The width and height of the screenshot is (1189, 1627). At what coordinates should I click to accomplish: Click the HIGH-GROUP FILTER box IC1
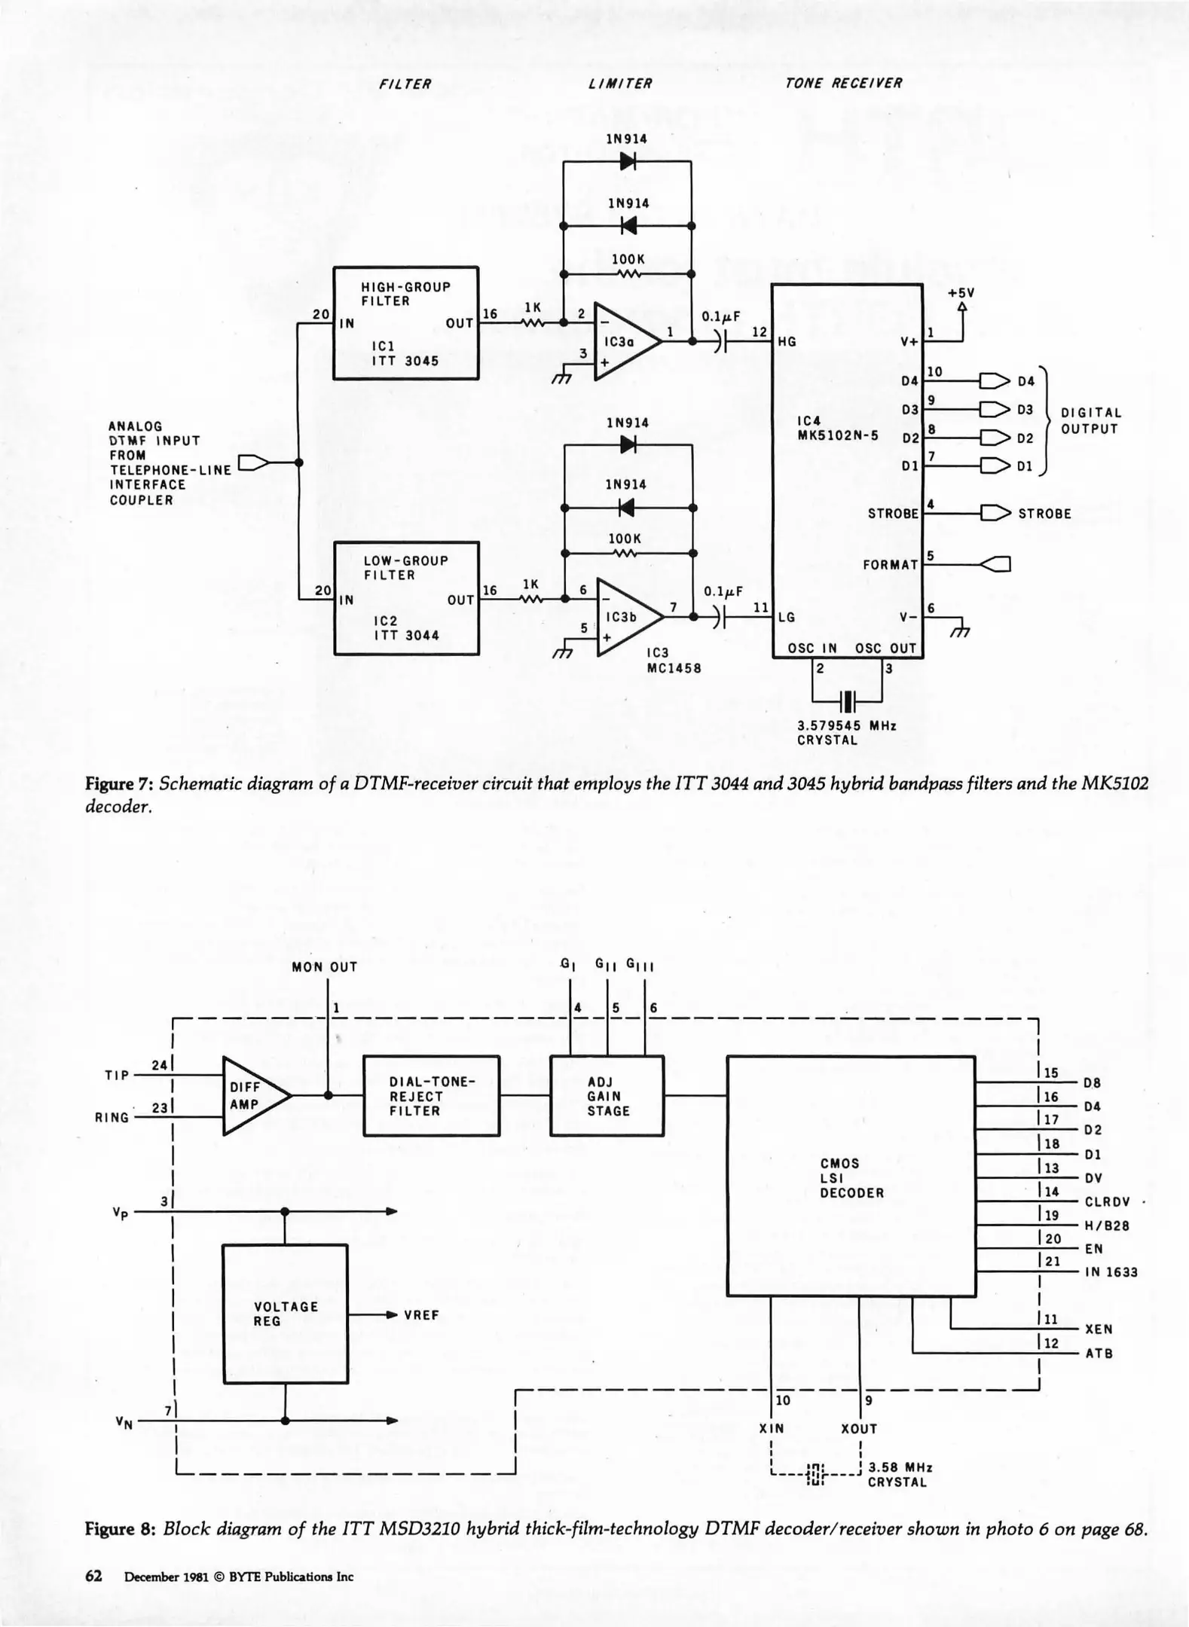(405, 323)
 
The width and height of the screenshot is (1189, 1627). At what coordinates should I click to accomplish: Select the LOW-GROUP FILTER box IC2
(406, 598)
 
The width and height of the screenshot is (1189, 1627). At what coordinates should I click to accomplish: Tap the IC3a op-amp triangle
(625, 341)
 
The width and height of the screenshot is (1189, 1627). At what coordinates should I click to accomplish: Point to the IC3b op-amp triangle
(627, 617)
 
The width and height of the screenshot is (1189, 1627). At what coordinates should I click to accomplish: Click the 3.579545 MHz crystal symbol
(848, 701)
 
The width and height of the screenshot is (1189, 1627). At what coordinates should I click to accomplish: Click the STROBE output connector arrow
(995, 514)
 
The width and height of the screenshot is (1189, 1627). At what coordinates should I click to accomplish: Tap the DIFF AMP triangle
(253, 1095)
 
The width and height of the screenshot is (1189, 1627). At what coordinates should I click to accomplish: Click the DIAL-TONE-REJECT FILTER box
(431, 1095)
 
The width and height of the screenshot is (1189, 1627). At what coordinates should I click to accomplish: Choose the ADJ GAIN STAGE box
(607, 1095)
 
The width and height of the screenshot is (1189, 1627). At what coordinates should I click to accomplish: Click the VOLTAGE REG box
(286, 1314)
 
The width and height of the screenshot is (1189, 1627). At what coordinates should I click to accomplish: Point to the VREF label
(421, 1315)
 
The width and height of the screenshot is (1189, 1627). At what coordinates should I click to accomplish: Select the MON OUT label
(325, 967)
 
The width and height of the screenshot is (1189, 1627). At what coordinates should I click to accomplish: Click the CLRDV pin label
(1107, 1202)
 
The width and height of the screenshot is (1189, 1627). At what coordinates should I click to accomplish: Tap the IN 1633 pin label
(1111, 1272)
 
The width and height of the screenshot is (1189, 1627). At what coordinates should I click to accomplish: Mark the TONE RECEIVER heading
(843, 84)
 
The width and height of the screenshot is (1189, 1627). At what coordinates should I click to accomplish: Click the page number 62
(93, 1577)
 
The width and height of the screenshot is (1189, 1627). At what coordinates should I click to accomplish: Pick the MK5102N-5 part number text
(838, 435)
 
